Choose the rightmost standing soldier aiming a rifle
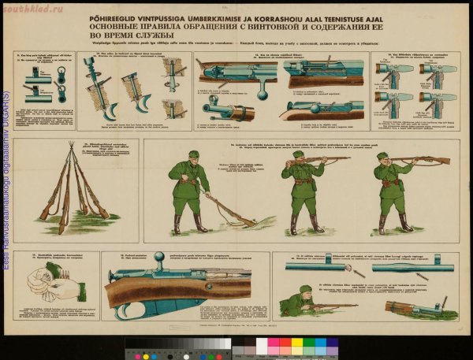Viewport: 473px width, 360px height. click(x=393, y=189)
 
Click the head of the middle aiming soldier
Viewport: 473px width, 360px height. click(x=298, y=157)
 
